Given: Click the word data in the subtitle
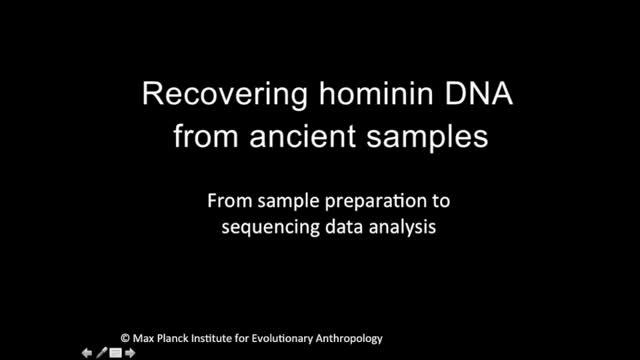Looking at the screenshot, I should click(345, 226).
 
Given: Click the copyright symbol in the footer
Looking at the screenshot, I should click(126, 339).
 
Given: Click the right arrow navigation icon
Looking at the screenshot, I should click(130, 352).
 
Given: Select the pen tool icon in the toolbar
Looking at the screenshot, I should click(101, 352).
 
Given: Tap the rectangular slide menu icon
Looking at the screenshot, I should click(115, 352).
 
